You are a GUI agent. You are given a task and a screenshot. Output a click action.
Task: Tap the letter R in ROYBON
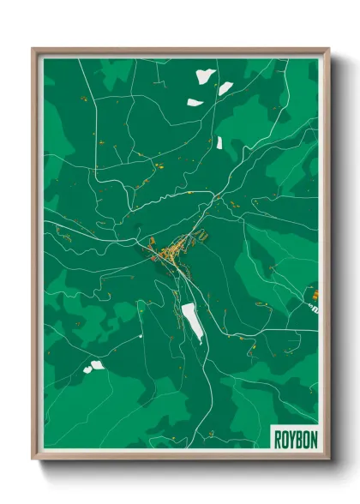pyautogui.click(x=278, y=437)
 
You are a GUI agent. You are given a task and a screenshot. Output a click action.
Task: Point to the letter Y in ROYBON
pyautogui.click(x=291, y=437)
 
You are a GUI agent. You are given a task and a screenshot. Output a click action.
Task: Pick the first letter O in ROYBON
pyautogui.click(x=284, y=437)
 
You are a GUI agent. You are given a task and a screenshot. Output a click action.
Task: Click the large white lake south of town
pyautogui.click(x=193, y=321)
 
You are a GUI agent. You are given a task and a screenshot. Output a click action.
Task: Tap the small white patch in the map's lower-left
pyautogui.click(x=93, y=366)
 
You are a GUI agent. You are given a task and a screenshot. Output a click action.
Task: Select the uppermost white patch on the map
pyautogui.click(x=205, y=76)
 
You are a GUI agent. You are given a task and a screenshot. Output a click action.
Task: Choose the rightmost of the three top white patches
pyautogui.click(x=225, y=87)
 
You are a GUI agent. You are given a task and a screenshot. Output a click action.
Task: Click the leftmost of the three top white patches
pyautogui.click(x=195, y=103)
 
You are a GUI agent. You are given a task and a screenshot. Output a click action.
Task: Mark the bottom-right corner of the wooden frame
pyautogui.click(x=328, y=459)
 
